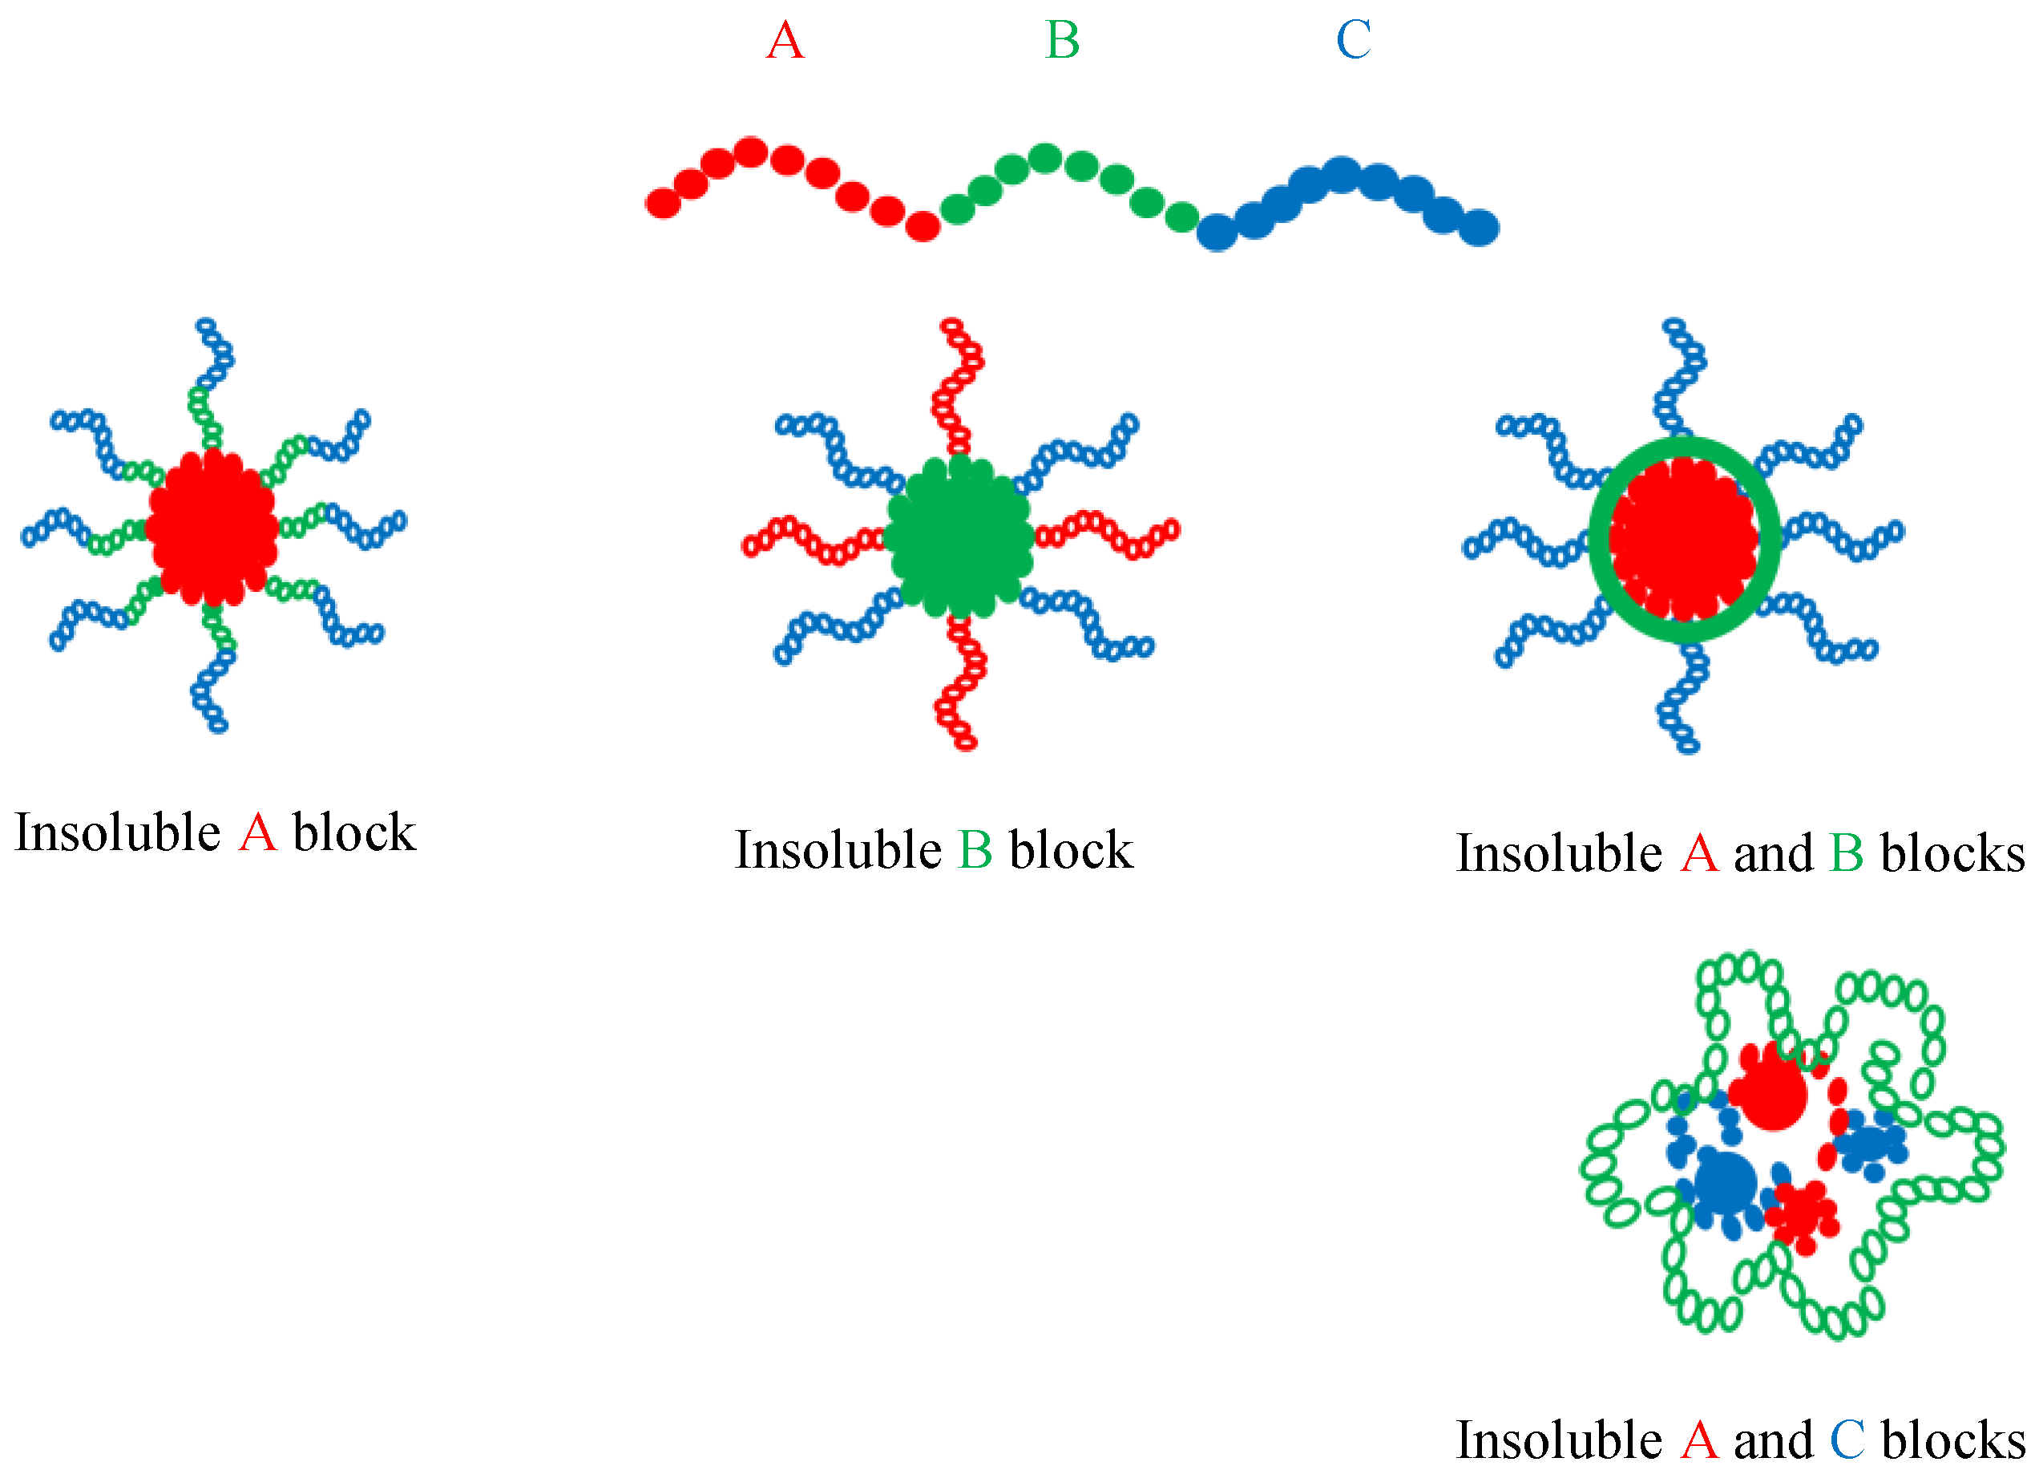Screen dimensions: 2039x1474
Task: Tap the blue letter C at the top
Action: click(1353, 40)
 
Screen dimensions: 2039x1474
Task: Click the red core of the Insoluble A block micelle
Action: click(212, 528)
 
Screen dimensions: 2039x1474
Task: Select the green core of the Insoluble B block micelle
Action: click(959, 537)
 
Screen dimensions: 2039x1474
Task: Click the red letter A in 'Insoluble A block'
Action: click(257, 832)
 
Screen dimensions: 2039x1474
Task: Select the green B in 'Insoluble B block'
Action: click(975, 850)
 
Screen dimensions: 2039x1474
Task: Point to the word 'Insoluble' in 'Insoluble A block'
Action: click(118, 832)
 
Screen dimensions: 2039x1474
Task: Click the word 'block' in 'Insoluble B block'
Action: click(1071, 850)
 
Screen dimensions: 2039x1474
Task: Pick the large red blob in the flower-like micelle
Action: click(1772, 1095)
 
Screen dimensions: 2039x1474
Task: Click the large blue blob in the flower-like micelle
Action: click(1724, 1184)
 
